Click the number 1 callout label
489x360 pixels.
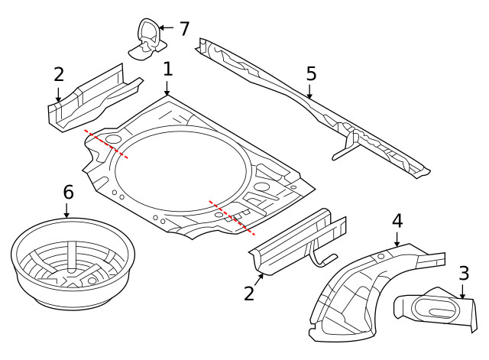tap(168, 69)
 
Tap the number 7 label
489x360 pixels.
tap(184, 29)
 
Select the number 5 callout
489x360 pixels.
tap(311, 74)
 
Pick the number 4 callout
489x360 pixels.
tap(397, 222)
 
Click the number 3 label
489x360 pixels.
tap(464, 273)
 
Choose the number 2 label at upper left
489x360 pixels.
tap(59, 75)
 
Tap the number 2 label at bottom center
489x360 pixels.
tap(249, 293)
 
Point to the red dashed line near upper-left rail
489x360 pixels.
tap(105, 143)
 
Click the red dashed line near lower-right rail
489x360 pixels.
tap(232, 218)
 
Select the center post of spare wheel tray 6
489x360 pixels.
tap(70, 255)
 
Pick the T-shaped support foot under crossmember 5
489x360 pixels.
tap(348, 145)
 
